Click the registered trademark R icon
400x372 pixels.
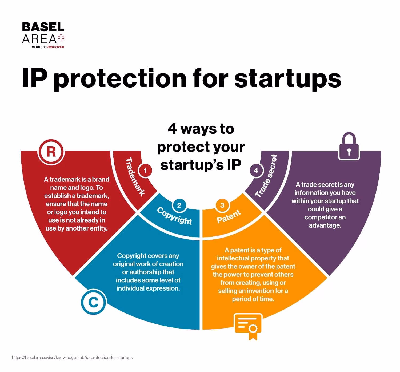[x=51, y=152]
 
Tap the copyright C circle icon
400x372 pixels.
[x=93, y=302]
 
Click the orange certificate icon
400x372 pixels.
[x=248, y=326]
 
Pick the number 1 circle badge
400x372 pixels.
[x=145, y=171]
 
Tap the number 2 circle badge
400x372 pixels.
[x=179, y=205]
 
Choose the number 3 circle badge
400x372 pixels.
[x=222, y=205]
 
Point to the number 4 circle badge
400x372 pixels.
[x=256, y=171]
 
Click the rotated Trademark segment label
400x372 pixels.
[x=135, y=177]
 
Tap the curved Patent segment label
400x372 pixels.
[x=229, y=216]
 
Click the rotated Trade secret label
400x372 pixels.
[x=266, y=176]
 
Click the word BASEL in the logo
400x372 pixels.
[x=43, y=27]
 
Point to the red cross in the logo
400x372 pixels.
[x=61, y=38]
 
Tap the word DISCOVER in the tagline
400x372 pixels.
[x=55, y=47]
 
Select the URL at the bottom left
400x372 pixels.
[x=72, y=358]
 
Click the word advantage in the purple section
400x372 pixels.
[x=325, y=225]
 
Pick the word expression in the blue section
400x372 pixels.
[x=163, y=288]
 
